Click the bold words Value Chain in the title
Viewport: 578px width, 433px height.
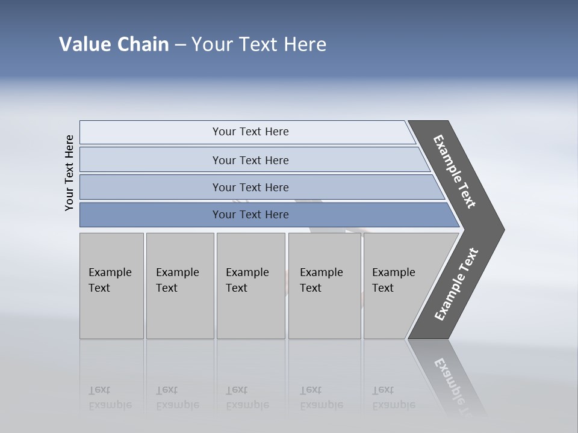pyautogui.click(x=114, y=45)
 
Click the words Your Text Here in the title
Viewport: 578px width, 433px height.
pyautogui.click(x=259, y=45)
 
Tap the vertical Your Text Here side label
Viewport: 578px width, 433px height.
pyautogui.click(x=69, y=173)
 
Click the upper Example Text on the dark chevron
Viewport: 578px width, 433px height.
pyautogui.click(x=455, y=172)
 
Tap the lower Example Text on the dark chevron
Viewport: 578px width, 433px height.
pyautogui.click(x=456, y=284)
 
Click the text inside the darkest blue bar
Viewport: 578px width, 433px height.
pyautogui.click(x=250, y=215)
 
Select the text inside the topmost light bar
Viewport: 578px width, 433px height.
pyautogui.click(x=250, y=132)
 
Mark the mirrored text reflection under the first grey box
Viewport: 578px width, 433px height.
pyautogui.click(x=110, y=398)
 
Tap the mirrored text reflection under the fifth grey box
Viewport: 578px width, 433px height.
pyautogui.click(x=393, y=398)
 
